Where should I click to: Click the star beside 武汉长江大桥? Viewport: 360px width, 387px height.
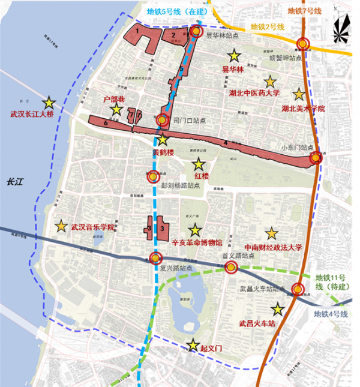click(48, 103)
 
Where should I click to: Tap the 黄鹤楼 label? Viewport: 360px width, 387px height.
click(163, 152)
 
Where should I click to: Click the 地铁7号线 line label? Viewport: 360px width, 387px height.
click(304, 11)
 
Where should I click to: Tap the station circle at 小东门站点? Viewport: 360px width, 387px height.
click(316, 158)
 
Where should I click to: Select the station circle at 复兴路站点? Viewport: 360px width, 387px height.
click(155, 259)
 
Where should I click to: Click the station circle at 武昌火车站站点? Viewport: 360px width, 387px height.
click(298, 290)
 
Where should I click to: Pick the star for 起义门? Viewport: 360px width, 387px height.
click(193, 346)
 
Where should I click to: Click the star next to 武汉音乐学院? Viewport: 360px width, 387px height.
click(61, 226)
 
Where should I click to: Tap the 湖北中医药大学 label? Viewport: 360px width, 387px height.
click(255, 94)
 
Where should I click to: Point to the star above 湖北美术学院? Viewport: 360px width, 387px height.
click(298, 94)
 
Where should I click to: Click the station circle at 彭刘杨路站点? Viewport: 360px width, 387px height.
click(153, 176)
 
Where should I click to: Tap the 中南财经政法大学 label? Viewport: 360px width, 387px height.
click(272, 247)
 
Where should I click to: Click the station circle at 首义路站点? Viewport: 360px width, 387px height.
click(229, 266)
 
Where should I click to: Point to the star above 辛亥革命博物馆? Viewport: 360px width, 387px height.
click(194, 230)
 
